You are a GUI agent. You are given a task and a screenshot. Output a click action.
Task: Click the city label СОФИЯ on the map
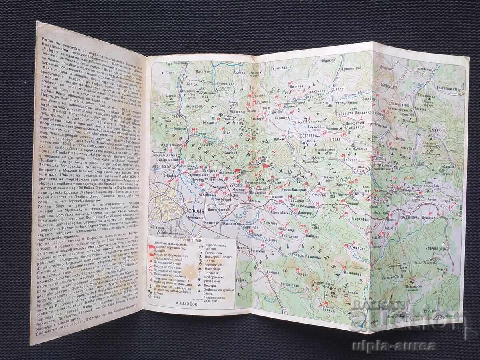coord(196,211)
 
